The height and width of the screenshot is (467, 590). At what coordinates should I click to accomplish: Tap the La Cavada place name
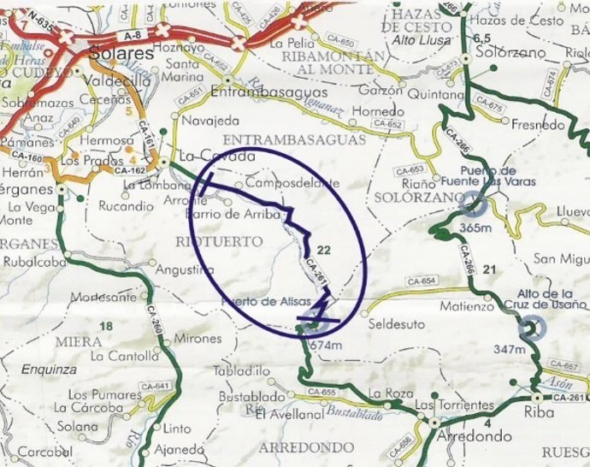(x=218, y=157)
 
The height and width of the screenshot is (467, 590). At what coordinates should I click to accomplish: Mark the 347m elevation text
(x=509, y=349)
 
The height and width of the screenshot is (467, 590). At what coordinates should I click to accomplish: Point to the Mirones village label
(x=198, y=339)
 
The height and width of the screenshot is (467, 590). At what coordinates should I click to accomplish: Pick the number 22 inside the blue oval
(x=323, y=249)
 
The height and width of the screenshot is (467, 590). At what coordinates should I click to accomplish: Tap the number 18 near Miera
(x=107, y=326)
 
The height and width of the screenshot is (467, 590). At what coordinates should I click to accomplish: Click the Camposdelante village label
(x=292, y=183)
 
